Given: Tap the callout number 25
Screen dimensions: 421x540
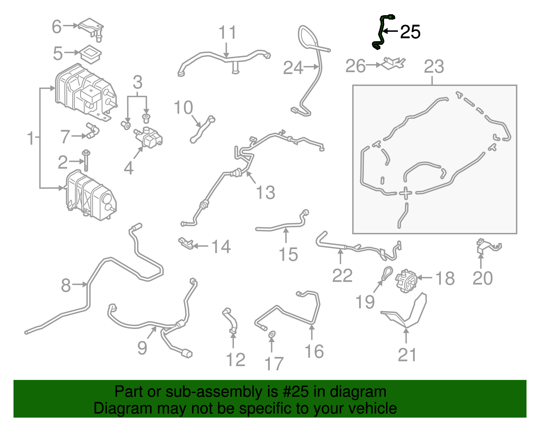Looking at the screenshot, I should click(410, 32).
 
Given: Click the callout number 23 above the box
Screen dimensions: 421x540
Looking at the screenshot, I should click(434, 67).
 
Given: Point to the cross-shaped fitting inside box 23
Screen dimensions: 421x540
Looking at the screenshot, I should click(406, 193).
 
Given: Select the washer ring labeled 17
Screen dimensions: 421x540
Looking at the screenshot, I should click(272, 334).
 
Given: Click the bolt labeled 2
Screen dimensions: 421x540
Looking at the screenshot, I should click(86, 161).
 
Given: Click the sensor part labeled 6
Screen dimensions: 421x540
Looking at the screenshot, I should click(91, 27).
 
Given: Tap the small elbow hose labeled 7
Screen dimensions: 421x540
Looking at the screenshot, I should click(92, 131).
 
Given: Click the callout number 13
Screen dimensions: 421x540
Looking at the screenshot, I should click(266, 193).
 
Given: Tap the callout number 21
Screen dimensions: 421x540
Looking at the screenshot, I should click(407, 355).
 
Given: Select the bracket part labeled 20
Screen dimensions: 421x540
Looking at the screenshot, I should click(486, 246).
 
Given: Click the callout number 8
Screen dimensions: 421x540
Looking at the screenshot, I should click(66, 285).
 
